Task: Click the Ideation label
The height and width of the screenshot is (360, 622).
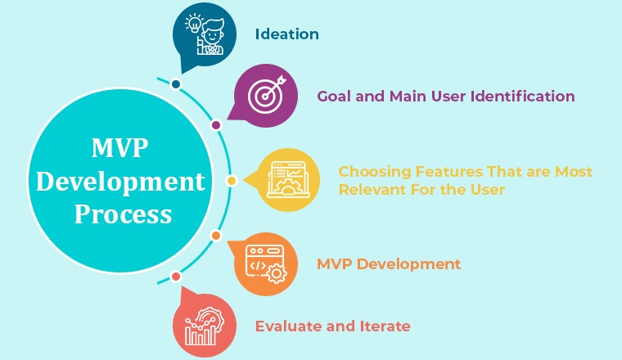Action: (286, 34)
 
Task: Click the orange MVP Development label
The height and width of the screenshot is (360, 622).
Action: (389, 264)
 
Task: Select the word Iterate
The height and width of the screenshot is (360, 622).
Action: (385, 326)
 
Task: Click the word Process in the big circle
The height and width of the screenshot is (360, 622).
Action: (123, 214)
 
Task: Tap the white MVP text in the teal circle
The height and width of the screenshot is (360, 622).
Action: (119, 148)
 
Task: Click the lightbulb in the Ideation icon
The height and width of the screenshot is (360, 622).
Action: (194, 24)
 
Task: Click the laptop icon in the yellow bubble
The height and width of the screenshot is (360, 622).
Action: (288, 180)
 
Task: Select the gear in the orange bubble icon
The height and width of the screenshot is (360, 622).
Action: (276, 273)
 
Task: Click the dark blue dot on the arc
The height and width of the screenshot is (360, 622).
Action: (176, 84)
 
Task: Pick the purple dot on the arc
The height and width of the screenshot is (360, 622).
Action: (216, 125)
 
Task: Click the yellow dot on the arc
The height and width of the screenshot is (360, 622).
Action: (232, 181)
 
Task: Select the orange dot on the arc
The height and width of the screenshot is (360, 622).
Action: (216, 236)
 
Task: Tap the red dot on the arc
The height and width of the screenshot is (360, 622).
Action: (176, 277)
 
